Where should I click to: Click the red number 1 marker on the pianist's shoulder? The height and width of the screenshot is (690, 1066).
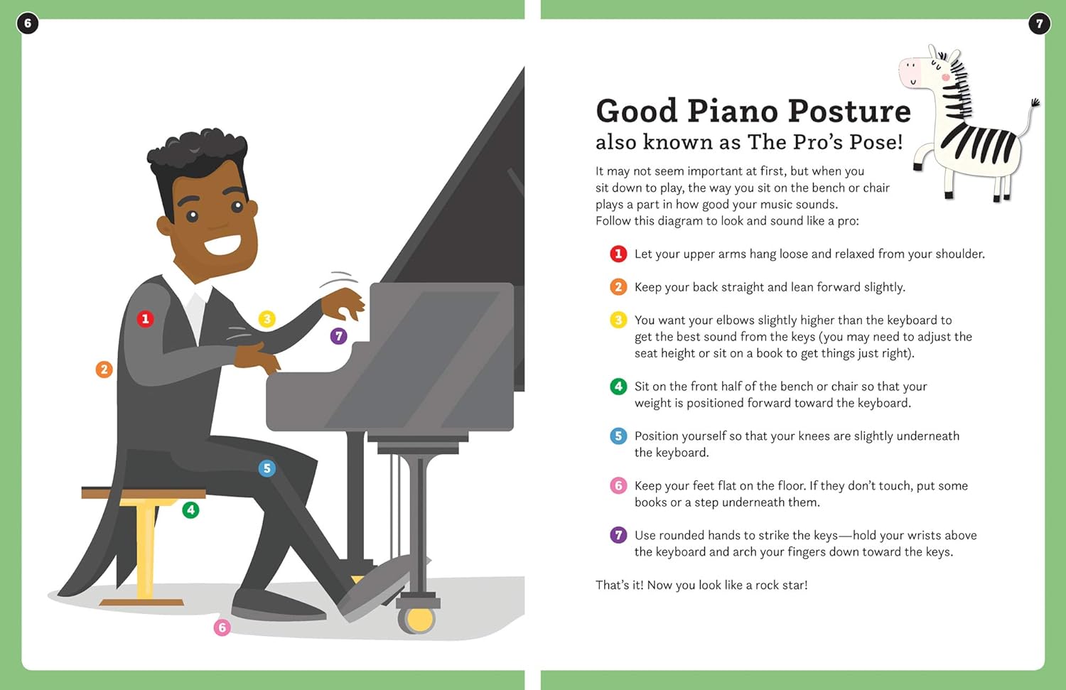145,318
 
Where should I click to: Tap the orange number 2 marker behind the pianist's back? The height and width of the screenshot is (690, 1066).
104,369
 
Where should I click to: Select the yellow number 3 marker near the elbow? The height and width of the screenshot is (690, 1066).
266,318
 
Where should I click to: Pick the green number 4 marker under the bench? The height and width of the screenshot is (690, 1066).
190,510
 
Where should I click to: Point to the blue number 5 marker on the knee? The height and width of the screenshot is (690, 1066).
266,468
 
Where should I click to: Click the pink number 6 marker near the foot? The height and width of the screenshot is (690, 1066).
222,627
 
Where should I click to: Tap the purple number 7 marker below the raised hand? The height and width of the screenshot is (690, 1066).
339,335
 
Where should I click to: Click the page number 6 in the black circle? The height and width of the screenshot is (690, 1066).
28,23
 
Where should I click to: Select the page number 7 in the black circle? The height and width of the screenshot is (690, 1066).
1039,23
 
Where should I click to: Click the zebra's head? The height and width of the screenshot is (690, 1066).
924,71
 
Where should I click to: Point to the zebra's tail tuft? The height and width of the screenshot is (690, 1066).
1035,103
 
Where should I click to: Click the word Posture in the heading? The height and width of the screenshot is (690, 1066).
849,112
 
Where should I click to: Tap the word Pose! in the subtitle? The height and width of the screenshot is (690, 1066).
876,142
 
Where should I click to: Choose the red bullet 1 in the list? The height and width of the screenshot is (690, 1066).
618,254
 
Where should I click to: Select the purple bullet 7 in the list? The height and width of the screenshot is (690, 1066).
618,535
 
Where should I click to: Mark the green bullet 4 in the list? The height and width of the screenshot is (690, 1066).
618,387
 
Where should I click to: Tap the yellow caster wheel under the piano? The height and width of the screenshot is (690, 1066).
419,620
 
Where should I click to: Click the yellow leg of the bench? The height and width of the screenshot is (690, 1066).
145,547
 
